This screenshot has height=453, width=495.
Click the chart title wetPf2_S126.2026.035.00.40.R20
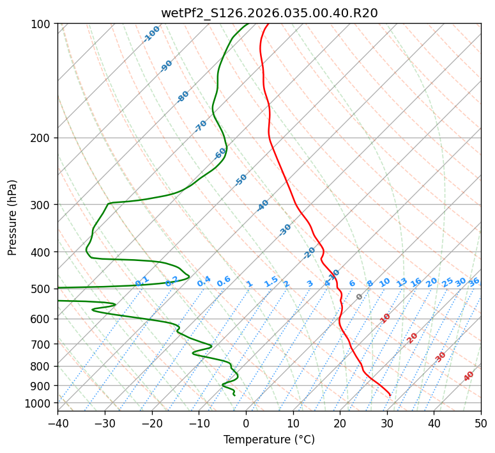[269, 13]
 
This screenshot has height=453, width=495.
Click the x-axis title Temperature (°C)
[269, 440]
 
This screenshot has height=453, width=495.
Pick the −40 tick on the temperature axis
[57, 423]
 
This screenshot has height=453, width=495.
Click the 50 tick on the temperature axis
[481, 423]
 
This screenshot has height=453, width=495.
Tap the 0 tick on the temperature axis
[247, 423]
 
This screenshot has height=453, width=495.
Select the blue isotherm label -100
[151, 34]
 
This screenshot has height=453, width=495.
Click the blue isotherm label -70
[201, 126]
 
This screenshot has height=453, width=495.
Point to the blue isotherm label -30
[285, 230]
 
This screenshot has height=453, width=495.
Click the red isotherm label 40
[469, 376]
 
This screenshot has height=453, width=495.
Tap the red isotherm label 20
[413, 338]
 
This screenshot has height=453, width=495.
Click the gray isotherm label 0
[360, 297]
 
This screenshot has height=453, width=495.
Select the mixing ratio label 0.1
[142, 281]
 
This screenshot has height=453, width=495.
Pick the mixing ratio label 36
[474, 282]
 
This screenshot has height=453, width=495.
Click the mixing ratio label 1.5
[271, 281]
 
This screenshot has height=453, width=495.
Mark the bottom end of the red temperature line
[390, 395]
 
